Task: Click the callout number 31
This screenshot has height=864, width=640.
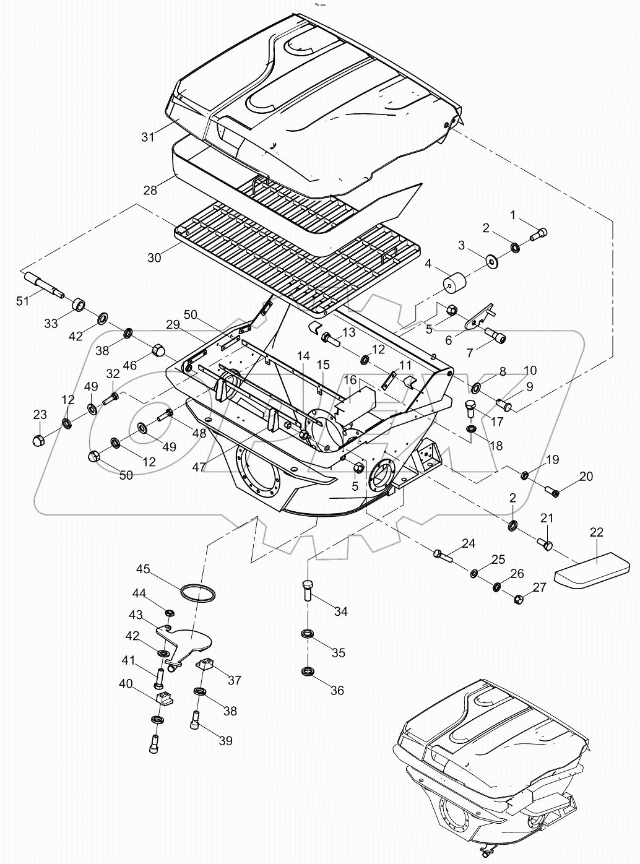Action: tap(148, 137)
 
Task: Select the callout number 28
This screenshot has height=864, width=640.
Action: tap(150, 190)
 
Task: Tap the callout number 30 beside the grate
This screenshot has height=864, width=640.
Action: tap(154, 257)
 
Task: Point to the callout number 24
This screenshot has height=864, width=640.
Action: tap(469, 543)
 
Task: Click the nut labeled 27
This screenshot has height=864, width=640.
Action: tap(519, 598)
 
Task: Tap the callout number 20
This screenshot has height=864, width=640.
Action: tap(586, 476)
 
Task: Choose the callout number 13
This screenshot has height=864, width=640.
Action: tap(348, 332)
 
